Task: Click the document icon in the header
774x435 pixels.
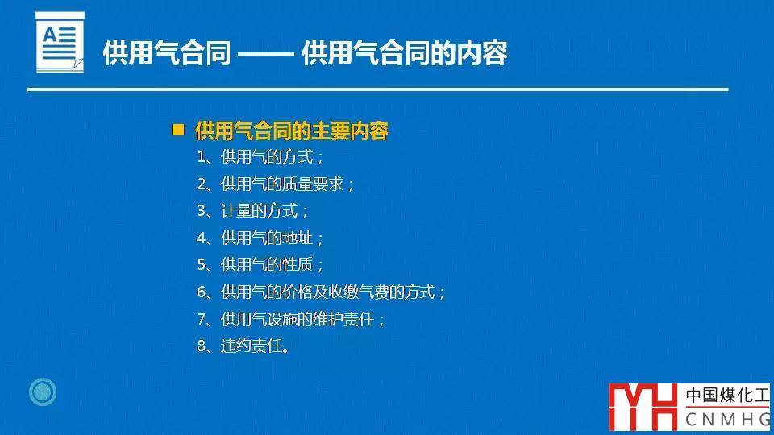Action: tap(60, 43)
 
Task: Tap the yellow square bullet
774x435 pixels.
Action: tap(178, 130)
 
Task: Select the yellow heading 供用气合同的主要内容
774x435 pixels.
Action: tap(292, 130)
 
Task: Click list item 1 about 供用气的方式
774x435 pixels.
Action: tap(260, 157)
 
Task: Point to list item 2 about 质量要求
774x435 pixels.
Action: tap(276, 184)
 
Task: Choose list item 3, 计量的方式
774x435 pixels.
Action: tap(252, 211)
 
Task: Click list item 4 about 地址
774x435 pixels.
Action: tap(260, 238)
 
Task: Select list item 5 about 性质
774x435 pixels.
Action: tap(260, 265)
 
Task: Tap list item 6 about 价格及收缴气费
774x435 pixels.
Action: tap(321, 292)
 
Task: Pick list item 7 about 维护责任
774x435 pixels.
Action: tap(291, 319)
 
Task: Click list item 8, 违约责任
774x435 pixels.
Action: tap(243, 346)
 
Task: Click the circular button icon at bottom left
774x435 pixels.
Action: tap(43, 392)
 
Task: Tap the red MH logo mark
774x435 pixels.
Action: tap(643, 407)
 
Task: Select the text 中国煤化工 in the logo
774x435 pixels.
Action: tap(727, 396)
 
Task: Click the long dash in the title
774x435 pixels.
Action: tap(265, 54)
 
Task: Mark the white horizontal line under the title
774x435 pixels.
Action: tap(378, 89)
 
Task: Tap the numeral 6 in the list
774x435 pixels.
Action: tap(202, 292)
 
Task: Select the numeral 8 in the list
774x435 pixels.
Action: tap(202, 346)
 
